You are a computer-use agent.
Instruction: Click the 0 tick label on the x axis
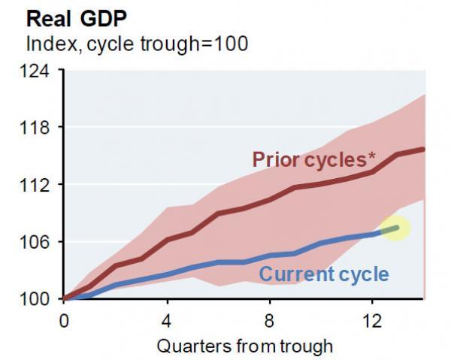[x=63, y=319]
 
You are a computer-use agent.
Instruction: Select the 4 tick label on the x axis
[x=167, y=319]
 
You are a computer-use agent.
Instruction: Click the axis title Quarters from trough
[x=244, y=346]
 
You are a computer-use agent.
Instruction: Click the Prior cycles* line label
[x=314, y=159]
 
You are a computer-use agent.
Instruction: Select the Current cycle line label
[x=324, y=274]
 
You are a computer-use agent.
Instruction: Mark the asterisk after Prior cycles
[x=372, y=156]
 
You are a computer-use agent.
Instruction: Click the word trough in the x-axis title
[x=304, y=346]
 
